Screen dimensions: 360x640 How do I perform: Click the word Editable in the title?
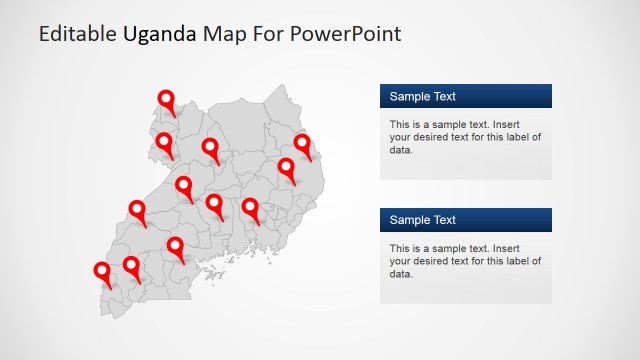(78, 34)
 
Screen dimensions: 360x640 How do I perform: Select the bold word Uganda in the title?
(160, 34)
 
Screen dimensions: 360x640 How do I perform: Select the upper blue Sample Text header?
(465, 96)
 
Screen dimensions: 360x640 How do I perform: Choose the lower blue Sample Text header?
(465, 220)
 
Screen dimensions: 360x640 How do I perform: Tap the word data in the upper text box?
(400, 150)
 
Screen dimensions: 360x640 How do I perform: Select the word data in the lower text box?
(400, 274)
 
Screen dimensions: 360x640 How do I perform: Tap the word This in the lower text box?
(401, 248)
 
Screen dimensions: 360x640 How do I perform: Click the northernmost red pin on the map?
(166, 100)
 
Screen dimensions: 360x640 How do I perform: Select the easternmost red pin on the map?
(302, 144)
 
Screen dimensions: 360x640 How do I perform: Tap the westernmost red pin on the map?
(102, 272)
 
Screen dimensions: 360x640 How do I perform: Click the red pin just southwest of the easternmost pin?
(287, 168)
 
